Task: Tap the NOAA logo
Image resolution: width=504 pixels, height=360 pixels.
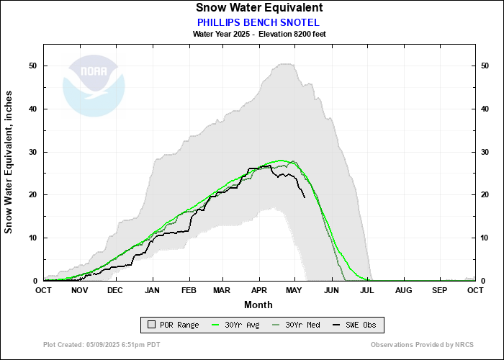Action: coord(94,86)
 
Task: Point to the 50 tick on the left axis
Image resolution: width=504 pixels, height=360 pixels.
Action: coord(33,66)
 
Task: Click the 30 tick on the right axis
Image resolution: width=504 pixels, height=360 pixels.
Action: coord(485,152)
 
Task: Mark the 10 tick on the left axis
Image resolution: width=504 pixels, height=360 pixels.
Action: coord(33,238)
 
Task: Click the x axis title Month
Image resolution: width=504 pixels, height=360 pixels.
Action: coord(258,305)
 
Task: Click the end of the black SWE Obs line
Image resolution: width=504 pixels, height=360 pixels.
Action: coord(305,197)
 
